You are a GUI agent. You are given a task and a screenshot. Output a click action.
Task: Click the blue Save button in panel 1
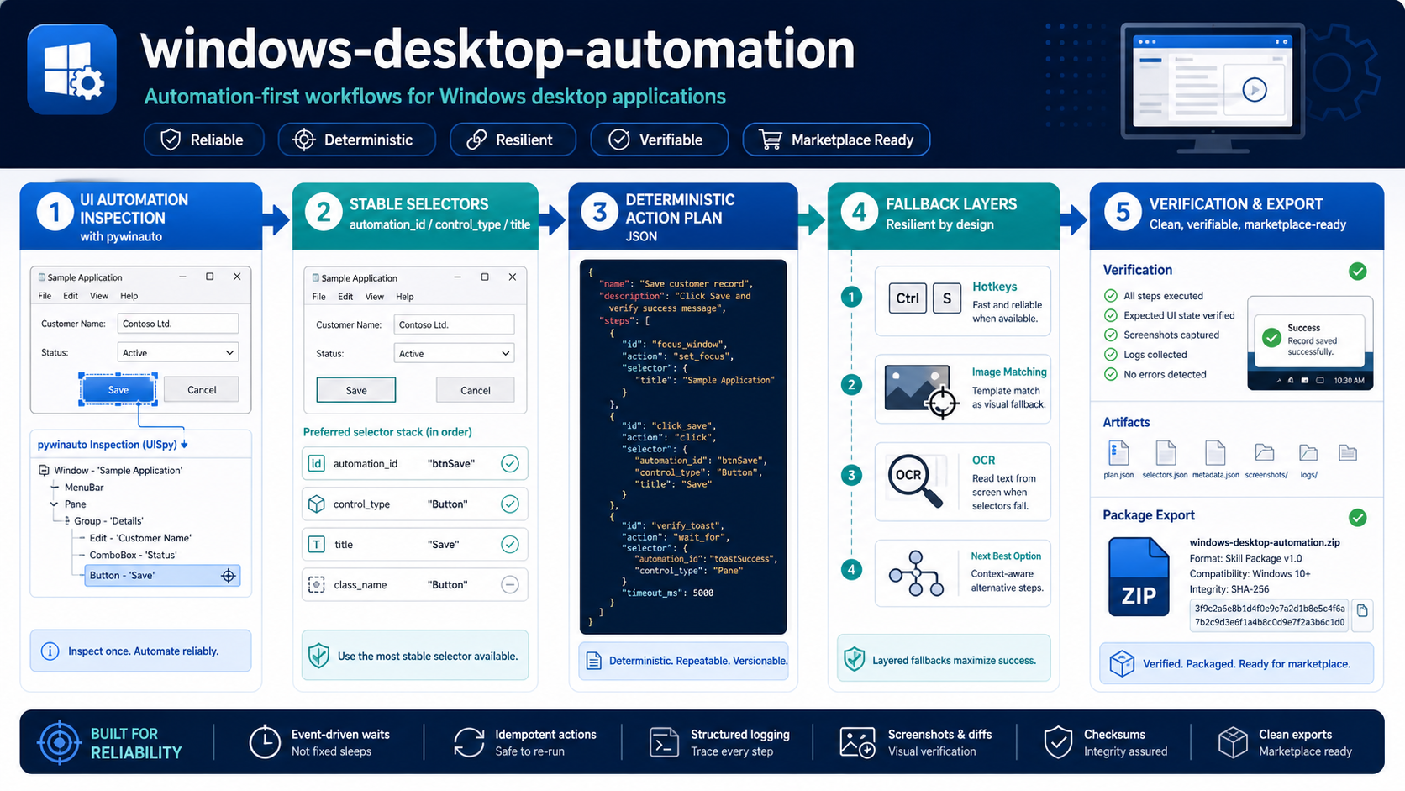tap(118, 389)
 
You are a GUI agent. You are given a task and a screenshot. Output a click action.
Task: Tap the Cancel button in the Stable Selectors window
tap(475, 390)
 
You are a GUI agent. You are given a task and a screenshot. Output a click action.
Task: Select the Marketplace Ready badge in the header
tap(836, 140)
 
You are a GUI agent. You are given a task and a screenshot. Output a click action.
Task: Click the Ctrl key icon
tap(907, 298)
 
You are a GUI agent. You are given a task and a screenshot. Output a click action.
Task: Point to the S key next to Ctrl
tap(946, 298)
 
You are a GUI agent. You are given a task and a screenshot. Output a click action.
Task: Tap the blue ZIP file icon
tap(1139, 577)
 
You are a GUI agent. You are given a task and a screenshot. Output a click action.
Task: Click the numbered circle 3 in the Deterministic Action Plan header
tap(600, 212)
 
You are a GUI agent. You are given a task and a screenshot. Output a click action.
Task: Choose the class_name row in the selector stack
tap(414, 584)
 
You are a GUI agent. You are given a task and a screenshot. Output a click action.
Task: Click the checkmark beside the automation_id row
tap(510, 463)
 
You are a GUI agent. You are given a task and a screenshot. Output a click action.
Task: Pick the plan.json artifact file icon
tap(1118, 453)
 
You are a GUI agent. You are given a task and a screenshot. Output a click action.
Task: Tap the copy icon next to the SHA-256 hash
tap(1361, 610)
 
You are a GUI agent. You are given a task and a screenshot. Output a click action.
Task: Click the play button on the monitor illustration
tap(1255, 90)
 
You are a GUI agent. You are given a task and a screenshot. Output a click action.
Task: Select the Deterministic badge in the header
tap(356, 140)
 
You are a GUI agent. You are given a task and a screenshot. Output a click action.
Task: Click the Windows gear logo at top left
tap(72, 69)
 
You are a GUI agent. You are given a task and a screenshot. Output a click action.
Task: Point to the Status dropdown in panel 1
tap(177, 352)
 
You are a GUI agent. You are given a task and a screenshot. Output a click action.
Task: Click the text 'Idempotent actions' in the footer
tap(545, 735)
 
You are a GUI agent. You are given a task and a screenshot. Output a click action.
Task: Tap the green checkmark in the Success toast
tap(1271, 337)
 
